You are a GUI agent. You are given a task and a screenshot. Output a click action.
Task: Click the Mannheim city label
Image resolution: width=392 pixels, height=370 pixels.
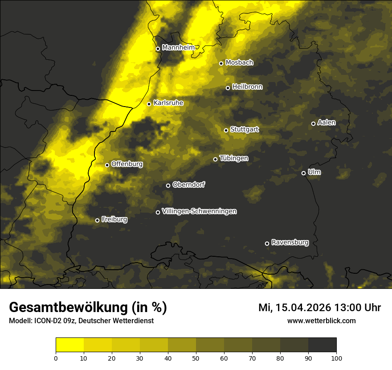click(x=179, y=47)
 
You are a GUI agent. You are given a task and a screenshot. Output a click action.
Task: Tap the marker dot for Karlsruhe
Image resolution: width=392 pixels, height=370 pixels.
click(x=149, y=104)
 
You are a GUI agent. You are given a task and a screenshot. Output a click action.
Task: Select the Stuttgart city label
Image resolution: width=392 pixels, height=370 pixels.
click(x=244, y=129)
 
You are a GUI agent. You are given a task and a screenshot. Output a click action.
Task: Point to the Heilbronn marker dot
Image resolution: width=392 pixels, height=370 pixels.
click(x=228, y=88)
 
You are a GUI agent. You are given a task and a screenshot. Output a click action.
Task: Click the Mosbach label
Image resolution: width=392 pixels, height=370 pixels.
click(x=239, y=62)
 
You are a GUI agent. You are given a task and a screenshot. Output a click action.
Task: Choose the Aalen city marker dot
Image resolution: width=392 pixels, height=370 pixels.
click(x=313, y=123)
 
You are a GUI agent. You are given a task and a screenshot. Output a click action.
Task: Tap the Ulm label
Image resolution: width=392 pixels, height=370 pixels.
click(x=314, y=172)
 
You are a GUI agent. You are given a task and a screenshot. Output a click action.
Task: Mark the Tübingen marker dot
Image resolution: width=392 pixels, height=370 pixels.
click(x=215, y=159)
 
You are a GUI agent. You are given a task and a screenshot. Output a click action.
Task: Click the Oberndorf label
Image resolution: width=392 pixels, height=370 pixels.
click(x=188, y=185)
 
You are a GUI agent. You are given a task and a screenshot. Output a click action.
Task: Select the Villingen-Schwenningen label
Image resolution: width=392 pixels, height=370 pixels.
click(x=199, y=211)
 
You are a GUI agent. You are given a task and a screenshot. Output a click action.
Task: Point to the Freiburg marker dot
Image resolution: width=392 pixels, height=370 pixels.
click(x=97, y=220)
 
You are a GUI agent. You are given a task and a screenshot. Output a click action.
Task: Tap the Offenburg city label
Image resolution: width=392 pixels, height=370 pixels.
click(x=127, y=164)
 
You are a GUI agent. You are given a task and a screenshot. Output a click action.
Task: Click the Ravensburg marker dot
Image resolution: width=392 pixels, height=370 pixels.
click(x=267, y=243)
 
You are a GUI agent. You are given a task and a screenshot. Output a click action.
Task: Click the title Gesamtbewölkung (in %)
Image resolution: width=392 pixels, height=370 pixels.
click(x=88, y=308)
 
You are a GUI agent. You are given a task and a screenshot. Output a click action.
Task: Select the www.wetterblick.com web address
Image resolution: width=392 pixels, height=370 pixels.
click(x=321, y=321)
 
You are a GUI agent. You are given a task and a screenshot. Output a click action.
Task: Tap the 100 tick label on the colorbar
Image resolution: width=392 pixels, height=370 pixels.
click(x=336, y=358)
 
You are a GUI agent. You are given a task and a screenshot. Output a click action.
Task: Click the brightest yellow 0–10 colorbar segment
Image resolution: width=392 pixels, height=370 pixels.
click(x=70, y=345)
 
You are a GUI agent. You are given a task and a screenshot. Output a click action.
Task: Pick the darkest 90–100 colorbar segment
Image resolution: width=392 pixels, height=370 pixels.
click(x=322, y=345)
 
